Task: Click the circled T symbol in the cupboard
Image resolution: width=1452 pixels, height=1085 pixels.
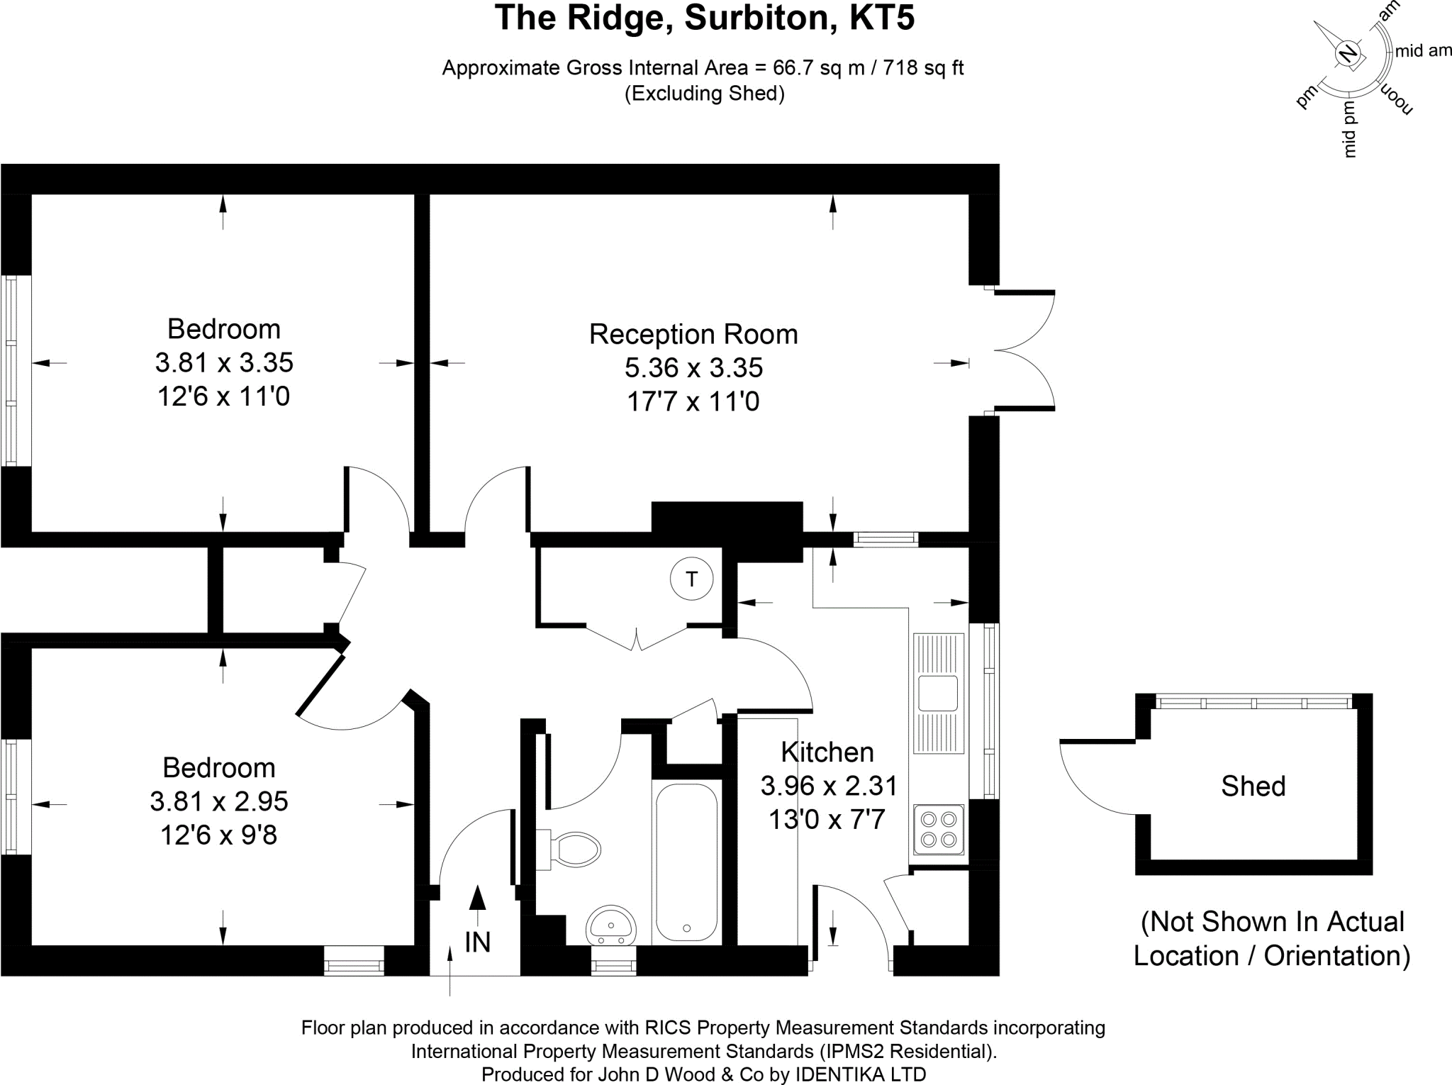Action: coord(691,579)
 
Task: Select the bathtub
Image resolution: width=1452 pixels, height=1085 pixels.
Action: coord(686,861)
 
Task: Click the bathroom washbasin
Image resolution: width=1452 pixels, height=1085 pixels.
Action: coord(611,923)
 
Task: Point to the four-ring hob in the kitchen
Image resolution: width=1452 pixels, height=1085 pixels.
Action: coord(939,829)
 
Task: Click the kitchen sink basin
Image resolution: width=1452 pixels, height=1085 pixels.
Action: coord(937,693)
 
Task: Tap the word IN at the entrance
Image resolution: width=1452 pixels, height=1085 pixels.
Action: coord(478,942)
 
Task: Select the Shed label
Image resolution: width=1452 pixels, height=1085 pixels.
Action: coord(1253,786)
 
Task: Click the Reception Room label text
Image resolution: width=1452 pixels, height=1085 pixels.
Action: coord(693,335)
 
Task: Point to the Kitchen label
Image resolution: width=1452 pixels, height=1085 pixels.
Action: coord(827,752)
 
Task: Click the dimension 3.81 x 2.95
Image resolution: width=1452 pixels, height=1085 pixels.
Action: coord(219,801)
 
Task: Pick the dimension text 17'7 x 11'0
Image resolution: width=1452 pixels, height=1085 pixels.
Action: coord(693,402)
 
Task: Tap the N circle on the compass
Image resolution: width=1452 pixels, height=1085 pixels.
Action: coord(1347,54)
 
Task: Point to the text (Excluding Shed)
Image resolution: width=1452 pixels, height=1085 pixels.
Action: coord(704,94)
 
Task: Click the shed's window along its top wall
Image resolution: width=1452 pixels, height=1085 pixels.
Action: coord(1253,703)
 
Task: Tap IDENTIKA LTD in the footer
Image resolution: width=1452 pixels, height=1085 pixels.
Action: coord(860,1074)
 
